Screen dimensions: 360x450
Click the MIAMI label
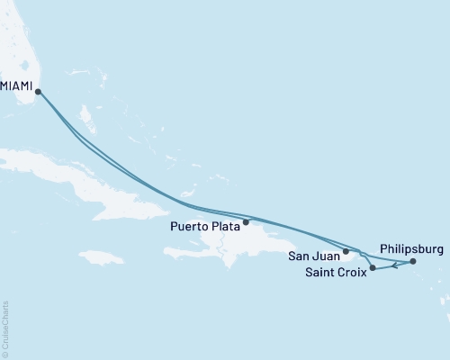click(x=17, y=87)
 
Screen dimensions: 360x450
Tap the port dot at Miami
click(x=38, y=90)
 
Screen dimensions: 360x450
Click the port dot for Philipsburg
click(x=412, y=262)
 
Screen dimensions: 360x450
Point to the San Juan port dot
click(x=346, y=252)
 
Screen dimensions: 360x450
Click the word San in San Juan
click(x=299, y=256)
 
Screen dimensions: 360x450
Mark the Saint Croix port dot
click(x=373, y=267)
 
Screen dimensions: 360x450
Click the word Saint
click(x=317, y=273)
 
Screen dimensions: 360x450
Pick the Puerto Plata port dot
click(x=246, y=221)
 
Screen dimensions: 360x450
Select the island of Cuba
click(x=99, y=184)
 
